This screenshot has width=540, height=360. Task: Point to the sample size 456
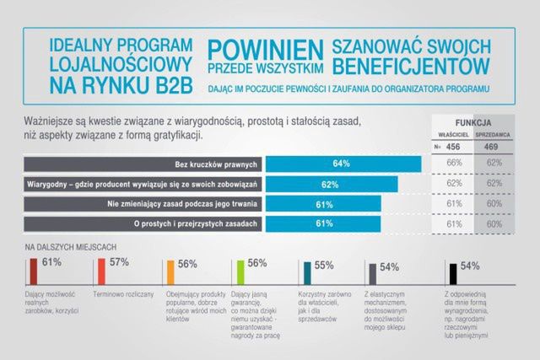click(x=453, y=146)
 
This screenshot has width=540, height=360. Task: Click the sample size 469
click(x=495, y=146)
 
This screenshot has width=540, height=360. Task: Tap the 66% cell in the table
click(x=454, y=162)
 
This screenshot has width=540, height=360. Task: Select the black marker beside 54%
click(x=453, y=271)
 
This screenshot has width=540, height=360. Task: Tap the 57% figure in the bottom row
click(x=119, y=263)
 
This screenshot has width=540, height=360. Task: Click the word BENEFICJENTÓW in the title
click(x=411, y=65)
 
